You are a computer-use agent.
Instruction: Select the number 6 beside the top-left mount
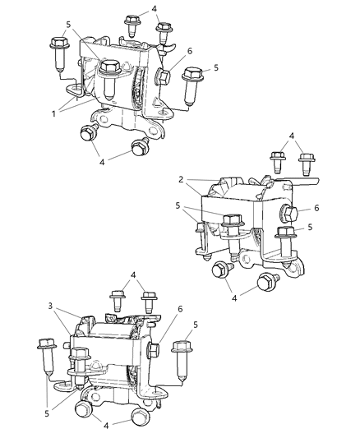coord(189,51)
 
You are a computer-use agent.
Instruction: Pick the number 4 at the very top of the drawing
coord(153,9)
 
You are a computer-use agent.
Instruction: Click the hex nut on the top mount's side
coord(164,78)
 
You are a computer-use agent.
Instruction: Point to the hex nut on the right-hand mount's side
coord(290,215)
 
